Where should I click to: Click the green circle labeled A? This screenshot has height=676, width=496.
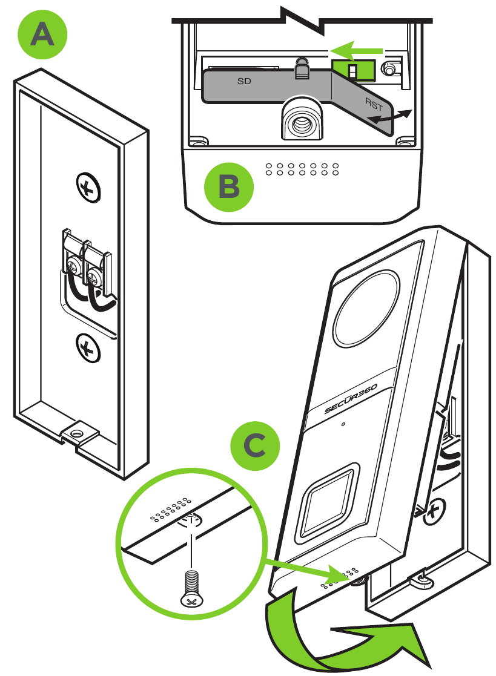coord(42,36)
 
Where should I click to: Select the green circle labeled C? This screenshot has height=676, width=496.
coord(256,446)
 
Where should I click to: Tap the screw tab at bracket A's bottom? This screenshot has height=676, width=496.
coord(77,432)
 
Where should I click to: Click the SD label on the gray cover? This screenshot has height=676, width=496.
coord(245,79)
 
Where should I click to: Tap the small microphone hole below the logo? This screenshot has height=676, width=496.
coord(343,424)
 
